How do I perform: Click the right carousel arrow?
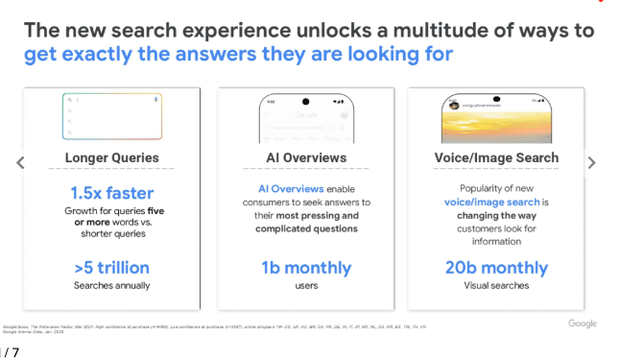point(591,163)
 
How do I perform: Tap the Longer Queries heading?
point(111,158)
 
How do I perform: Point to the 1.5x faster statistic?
point(111,193)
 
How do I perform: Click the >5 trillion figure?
point(111,267)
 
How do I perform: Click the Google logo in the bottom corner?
point(582,324)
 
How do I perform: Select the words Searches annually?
point(111,285)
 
